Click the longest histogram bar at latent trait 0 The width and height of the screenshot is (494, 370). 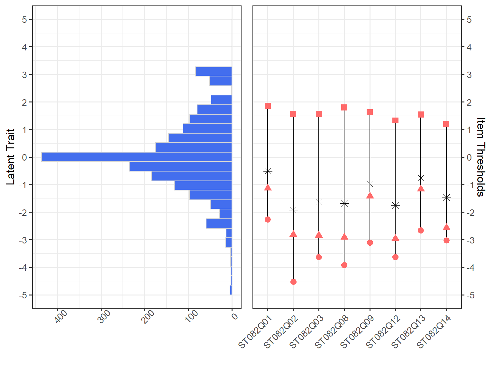click(x=137, y=157)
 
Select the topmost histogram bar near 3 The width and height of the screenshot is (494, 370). click(x=214, y=71)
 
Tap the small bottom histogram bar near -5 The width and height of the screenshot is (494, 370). click(x=231, y=290)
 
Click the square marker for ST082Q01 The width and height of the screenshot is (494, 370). click(x=268, y=106)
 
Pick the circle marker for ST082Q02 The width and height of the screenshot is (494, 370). click(x=293, y=282)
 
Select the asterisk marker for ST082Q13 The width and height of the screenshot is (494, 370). click(x=421, y=178)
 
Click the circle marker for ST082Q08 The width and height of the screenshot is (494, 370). click(x=344, y=265)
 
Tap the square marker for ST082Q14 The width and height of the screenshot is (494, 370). click(x=446, y=124)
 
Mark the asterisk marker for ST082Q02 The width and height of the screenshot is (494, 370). click(x=293, y=210)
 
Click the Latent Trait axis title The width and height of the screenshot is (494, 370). click(x=11, y=157)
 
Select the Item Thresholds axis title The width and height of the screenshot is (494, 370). click(x=480, y=157)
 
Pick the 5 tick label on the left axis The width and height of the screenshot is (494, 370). click(x=24, y=20)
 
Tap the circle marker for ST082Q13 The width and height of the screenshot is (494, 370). click(x=421, y=231)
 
